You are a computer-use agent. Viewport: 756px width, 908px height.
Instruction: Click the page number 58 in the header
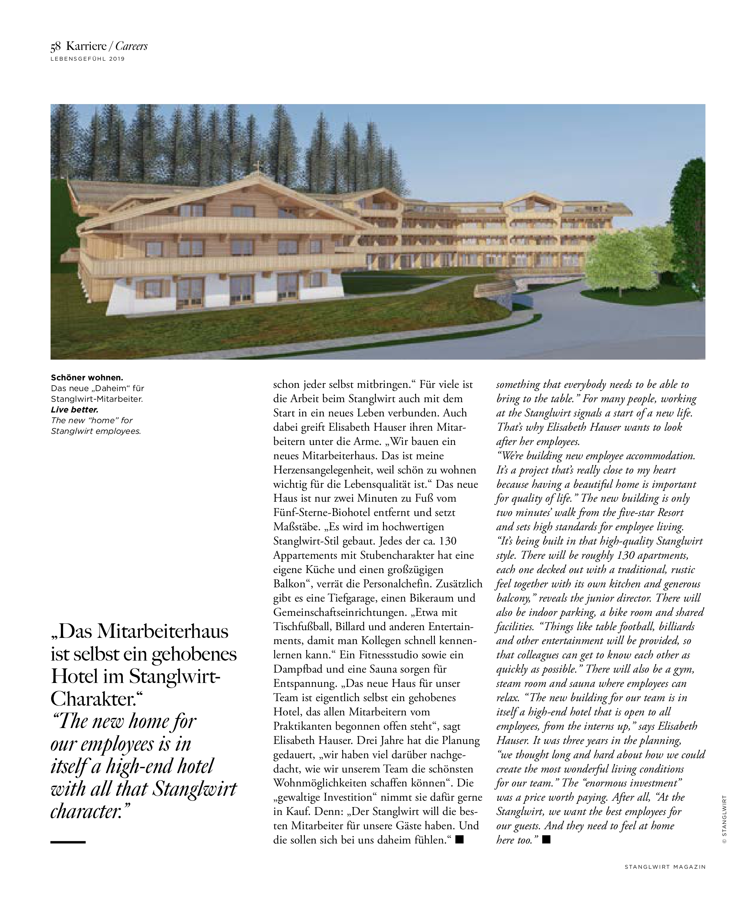pos(56,46)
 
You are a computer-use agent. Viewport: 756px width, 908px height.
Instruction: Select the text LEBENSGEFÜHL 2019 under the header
pos(87,59)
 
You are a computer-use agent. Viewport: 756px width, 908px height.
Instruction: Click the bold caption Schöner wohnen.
pos(87,378)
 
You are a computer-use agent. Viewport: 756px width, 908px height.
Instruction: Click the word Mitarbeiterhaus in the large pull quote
pos(163,632)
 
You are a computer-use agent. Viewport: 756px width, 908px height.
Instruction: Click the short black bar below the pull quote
pos(68,842)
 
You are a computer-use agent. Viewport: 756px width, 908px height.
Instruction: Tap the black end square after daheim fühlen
pos(459,840)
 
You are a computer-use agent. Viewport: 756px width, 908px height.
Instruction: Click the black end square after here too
pos(546,840)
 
